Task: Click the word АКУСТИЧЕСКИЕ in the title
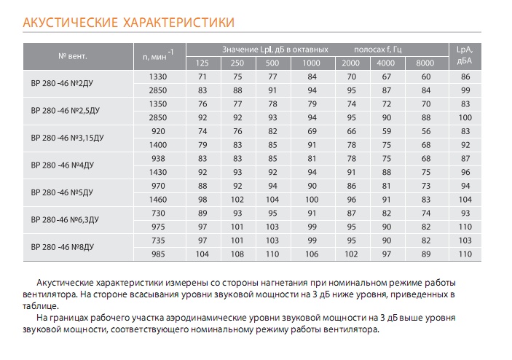pos(70,23)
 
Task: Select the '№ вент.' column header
pos(73,56)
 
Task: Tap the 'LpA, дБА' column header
pos(465,55)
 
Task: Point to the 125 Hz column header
pos(202,63)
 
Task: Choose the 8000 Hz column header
pos(425,63)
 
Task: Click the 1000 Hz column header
pos(312,63)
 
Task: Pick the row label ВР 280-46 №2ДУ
pos(62,83)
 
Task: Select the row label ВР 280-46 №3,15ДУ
pos(67,138)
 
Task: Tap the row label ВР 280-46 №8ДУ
pos(63,247)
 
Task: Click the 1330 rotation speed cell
pos(158,77)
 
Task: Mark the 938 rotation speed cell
pos(158,158)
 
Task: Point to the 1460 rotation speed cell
pos(158,199)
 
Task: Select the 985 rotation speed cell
pos(158,254)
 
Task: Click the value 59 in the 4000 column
pos(386,131)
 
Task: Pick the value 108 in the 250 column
pos(237,254)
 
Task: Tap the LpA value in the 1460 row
pos(465,199)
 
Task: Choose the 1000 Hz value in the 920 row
pos(312,131)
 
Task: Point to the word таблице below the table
pos(41,306)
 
